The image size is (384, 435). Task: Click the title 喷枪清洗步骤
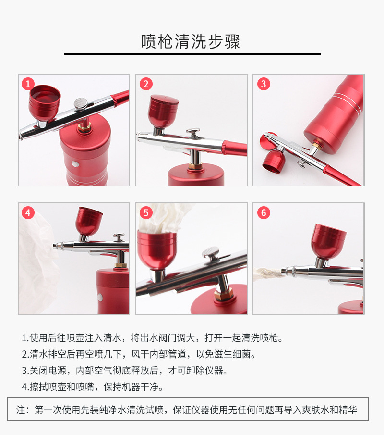191,41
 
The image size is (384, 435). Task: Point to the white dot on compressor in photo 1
75,164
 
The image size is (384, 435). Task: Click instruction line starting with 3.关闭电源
124,371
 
